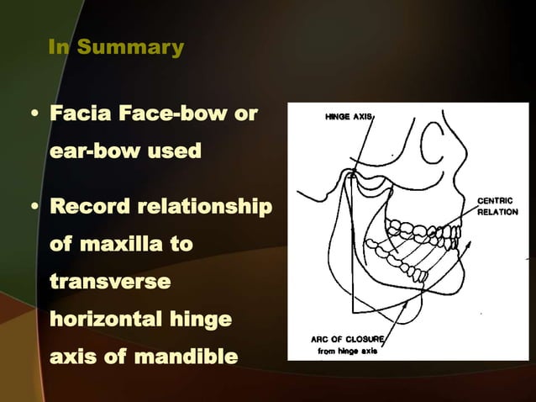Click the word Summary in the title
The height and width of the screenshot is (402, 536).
click(130, 48)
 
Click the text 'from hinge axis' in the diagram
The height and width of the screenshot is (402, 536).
click(346, 351)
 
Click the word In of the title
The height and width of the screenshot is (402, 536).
click(59, 48)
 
